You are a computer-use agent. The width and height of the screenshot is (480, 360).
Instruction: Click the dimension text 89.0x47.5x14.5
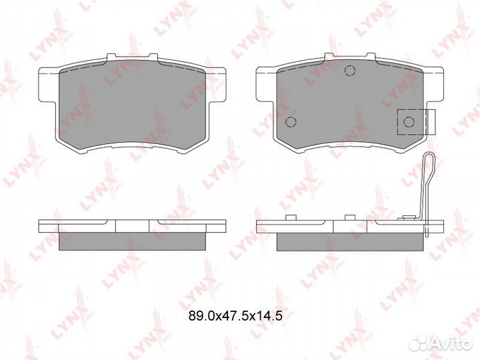coord(235,315)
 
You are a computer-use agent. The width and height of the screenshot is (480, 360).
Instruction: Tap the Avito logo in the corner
coord(442,343)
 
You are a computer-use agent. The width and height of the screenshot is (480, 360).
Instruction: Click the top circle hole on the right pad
coord(349,71)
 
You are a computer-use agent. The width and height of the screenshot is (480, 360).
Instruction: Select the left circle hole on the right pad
coord(291,122)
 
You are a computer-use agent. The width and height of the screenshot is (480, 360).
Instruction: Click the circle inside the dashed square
coord(409,122)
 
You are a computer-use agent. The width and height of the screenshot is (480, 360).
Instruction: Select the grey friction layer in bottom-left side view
coord(131,241)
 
